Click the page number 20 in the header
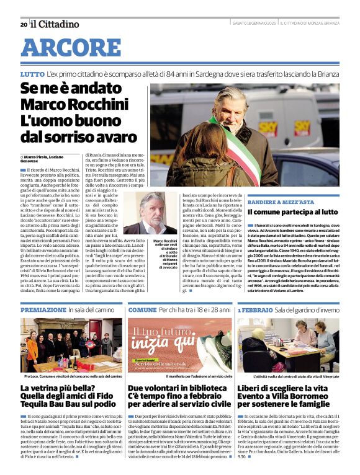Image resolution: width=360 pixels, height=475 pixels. [x=24, y=24]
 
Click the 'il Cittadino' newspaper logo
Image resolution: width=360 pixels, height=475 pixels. [x=55, y=24]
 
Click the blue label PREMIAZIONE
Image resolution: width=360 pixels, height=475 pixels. [x=43, y=309]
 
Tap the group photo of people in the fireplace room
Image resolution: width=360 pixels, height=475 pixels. [x=71, y=345]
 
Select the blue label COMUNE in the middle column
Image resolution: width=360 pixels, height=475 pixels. [x=142, y=309]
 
